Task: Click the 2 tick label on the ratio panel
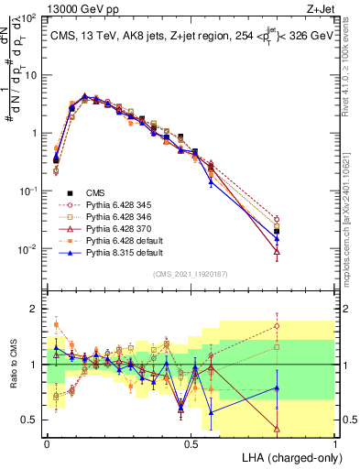point(34,309)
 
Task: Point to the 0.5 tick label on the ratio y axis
point(29,420)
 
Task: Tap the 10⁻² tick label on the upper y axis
point(29,249)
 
